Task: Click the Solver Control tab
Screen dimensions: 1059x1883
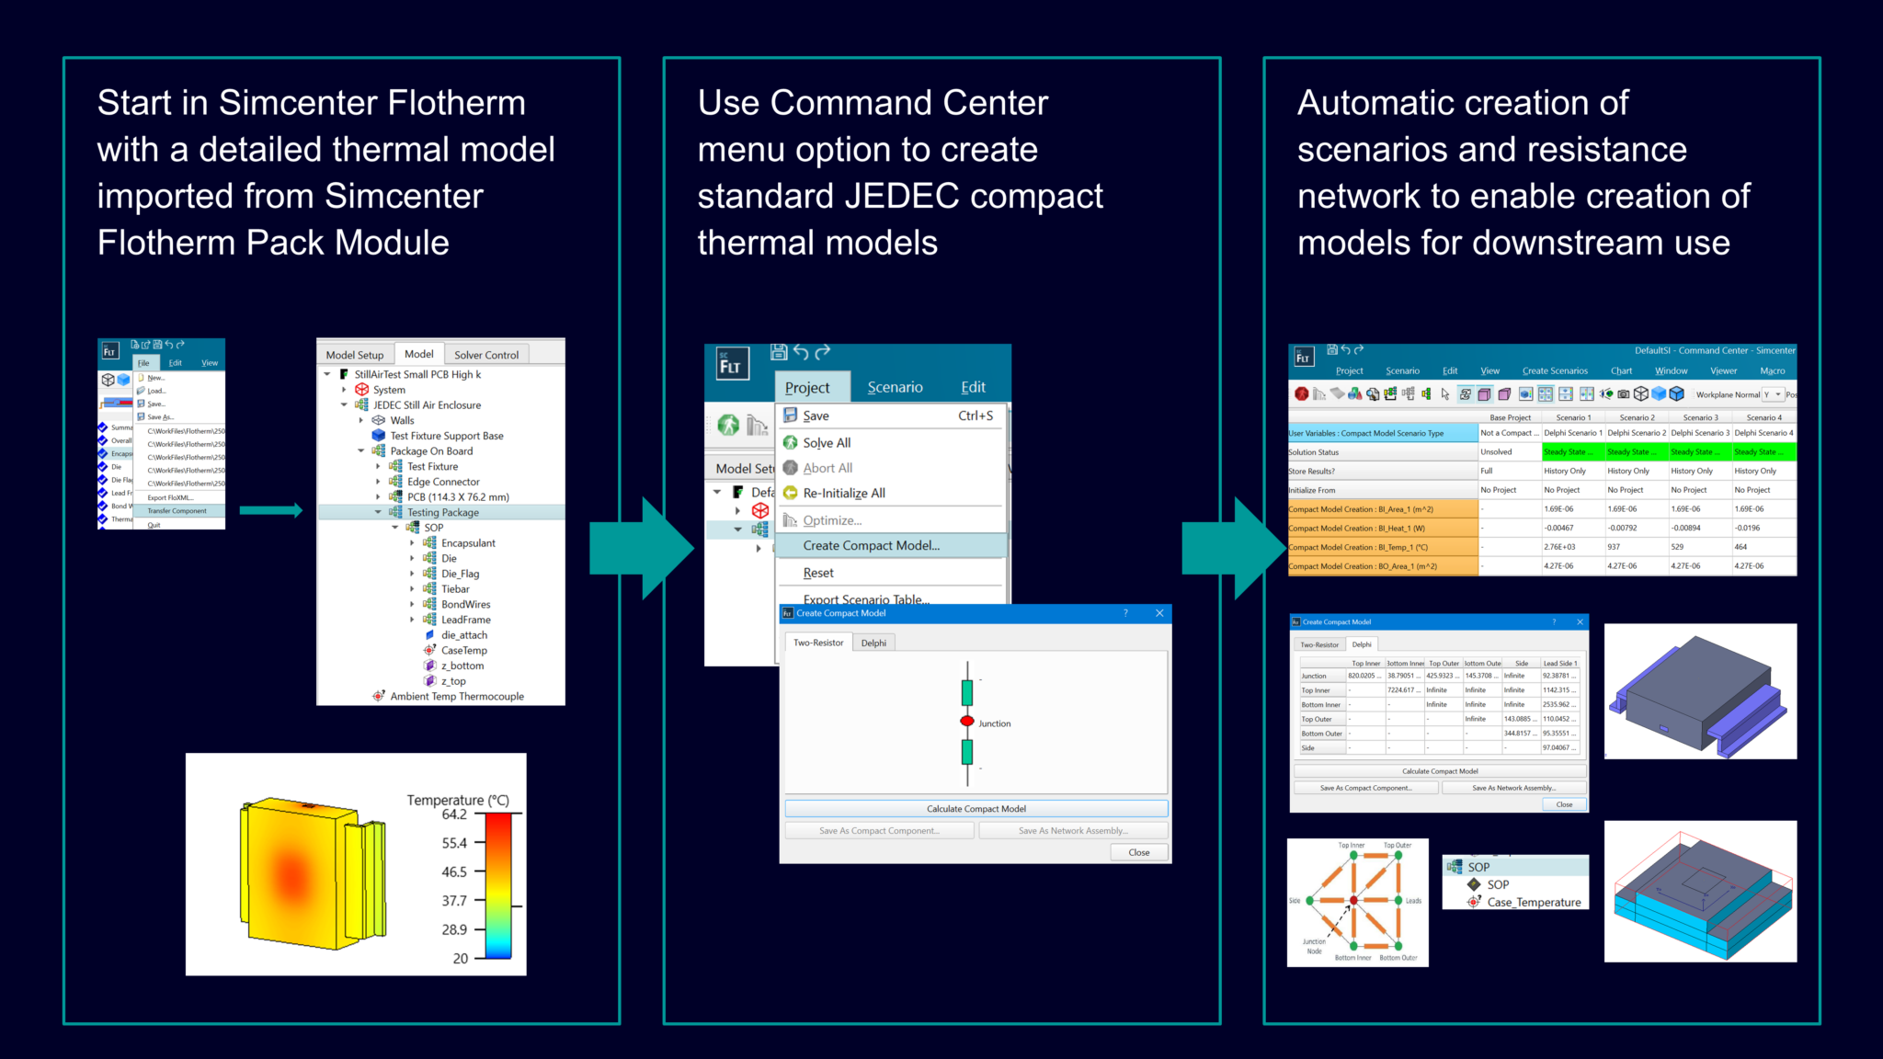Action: (485, 355)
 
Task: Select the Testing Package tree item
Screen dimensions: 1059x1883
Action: (442, 512)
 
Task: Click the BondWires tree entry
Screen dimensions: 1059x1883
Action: (465, 604)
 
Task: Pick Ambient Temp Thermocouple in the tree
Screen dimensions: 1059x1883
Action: (457, 696)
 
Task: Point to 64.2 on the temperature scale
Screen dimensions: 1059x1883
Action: (454, 814)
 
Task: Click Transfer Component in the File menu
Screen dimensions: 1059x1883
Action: (177, 511)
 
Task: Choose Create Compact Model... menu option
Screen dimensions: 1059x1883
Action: (871, 545)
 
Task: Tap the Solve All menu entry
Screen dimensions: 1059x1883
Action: (827, 442)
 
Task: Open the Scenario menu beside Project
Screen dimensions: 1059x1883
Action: (895, 387)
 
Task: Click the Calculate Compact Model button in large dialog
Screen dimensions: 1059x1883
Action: (976, 809)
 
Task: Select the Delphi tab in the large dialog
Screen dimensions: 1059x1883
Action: (873, 643)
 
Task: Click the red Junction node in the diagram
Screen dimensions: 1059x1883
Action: (967, 721)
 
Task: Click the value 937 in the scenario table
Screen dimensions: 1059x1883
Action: (1614, 547)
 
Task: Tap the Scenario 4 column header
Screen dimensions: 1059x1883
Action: (1763, 417)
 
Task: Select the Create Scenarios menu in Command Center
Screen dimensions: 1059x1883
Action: (1555, 371)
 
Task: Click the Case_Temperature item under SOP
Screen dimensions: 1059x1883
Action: (1534, 902)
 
